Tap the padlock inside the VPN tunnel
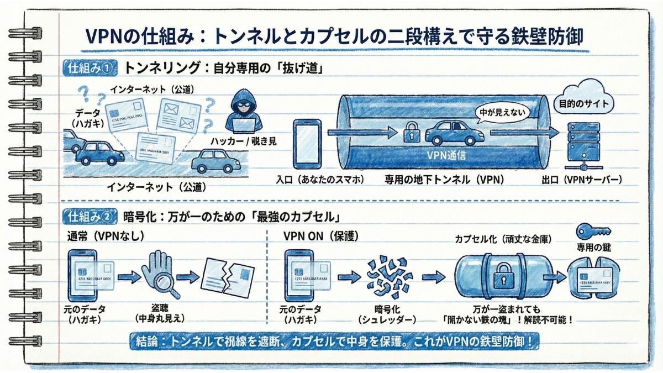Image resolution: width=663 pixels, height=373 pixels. click(412, 132)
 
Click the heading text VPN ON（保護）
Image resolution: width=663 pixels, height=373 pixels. click(321, 236)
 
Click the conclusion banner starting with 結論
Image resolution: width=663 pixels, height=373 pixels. click(335, 342)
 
